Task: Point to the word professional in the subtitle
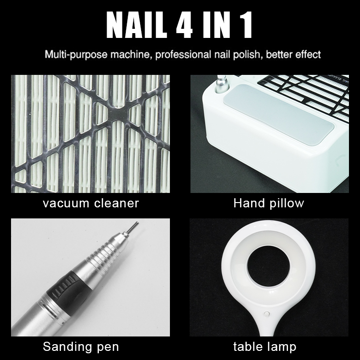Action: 183,54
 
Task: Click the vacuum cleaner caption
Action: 91,203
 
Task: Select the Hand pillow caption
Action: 269,203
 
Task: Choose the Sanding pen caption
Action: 81,346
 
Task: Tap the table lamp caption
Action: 265,346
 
